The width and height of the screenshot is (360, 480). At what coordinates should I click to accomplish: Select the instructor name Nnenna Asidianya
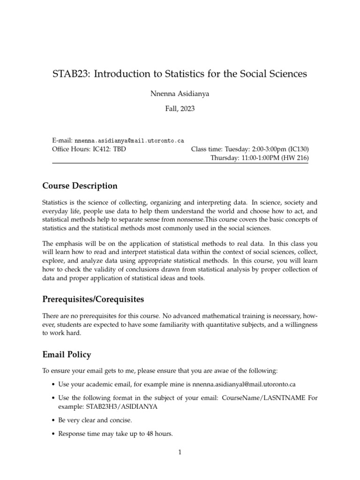(x=180, y=93)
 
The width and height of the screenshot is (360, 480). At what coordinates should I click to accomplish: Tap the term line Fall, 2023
(x=180, y=110)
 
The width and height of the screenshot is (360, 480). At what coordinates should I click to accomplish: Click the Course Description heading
(x=80, y=186)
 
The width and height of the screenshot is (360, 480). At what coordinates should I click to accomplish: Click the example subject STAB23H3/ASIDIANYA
(x=108, y=406)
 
